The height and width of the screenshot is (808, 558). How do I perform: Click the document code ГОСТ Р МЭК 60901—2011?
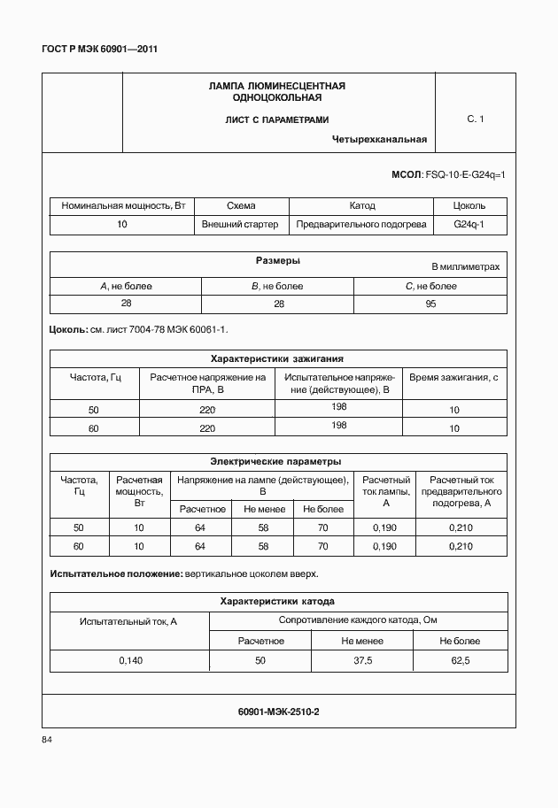(x=99, y=50)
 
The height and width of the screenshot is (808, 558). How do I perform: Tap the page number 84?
(x=47, y=740)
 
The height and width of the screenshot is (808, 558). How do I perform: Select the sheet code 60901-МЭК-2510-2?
(x=278, y=711)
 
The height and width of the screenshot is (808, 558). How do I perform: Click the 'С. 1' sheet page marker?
(x=475, y=119)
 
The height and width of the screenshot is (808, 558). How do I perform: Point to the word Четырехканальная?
(x=380, y=139)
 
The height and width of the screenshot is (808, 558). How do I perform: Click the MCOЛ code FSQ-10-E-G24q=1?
(x=465, y=175)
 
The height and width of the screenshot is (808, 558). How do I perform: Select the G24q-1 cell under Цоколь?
(x=469, y=225)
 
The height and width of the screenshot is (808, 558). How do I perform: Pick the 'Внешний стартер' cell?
(x=240, y=225)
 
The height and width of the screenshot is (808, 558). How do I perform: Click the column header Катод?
(x=362, y=205)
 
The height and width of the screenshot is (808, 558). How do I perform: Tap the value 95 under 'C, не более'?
(x=430, y=304)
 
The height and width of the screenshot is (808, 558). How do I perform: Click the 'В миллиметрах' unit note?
(x=465, y=266)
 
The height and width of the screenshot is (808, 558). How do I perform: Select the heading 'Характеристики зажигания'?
(x=276, y=358)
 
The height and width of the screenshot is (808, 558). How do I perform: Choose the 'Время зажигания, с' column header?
(x=454, y=378)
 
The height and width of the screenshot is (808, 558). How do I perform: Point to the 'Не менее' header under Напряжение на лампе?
(x=261, y=509)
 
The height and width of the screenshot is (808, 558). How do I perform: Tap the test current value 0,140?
(x=129, y=660)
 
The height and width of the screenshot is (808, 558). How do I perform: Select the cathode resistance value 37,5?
(x=361, y=660)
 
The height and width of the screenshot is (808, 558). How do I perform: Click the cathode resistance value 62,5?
(x=461, y=660)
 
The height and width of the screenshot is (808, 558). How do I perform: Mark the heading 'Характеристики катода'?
(x=276, y=601)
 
